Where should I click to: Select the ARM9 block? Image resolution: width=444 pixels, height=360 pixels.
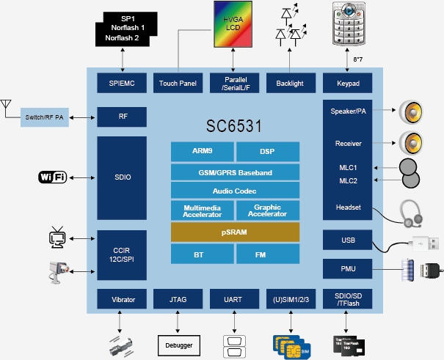(202, 152)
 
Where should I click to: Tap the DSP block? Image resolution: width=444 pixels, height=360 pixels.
(268, 152)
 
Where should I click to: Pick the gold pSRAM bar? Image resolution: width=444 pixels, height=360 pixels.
(235, 232)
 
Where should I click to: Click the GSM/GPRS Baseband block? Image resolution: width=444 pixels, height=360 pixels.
(235, 172)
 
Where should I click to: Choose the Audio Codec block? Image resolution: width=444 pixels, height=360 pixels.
(235, 191)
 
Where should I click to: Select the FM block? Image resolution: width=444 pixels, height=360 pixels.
(268, 254)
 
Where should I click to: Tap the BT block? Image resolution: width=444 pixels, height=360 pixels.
(202, 254)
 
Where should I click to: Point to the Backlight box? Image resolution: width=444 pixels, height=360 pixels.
(290, 84)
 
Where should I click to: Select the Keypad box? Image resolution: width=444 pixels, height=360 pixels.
(346, 84)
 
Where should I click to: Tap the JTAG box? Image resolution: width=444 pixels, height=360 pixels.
(178, 300)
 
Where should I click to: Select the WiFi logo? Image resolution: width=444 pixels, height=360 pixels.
(53, 177)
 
